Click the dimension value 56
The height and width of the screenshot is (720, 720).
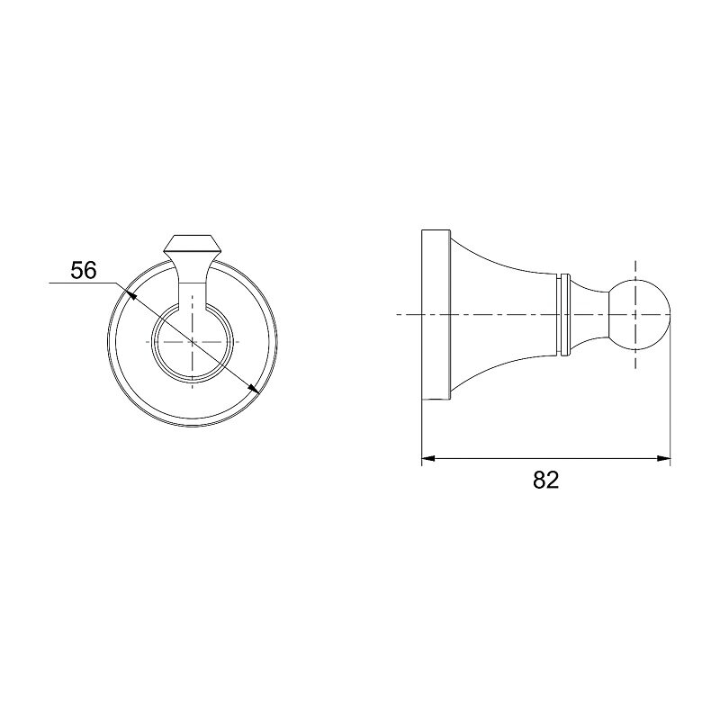coord(84,270)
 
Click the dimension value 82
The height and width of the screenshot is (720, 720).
coord(546,480)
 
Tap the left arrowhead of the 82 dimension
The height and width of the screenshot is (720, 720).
coord(428,458)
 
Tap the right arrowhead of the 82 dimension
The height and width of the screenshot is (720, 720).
coord(664,458)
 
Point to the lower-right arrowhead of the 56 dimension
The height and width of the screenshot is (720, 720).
coord(254,389)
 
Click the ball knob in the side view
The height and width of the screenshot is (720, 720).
coord(640,314)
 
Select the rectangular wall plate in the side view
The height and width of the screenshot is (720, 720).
coord(436,314)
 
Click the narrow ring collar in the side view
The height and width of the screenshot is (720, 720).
coord(565,314)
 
